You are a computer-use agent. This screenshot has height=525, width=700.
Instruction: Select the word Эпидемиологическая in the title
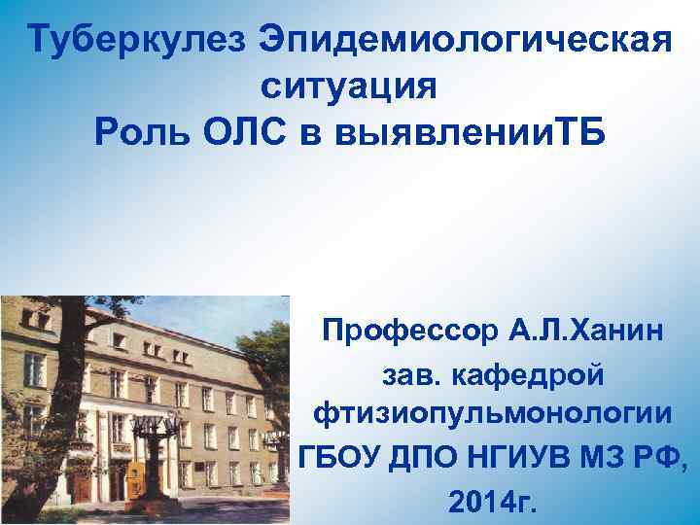[x=465, y=41]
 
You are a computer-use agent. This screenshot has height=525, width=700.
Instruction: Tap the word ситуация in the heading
[x=350, y=86]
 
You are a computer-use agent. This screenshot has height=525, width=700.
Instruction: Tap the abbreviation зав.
[x=411, y=372]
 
